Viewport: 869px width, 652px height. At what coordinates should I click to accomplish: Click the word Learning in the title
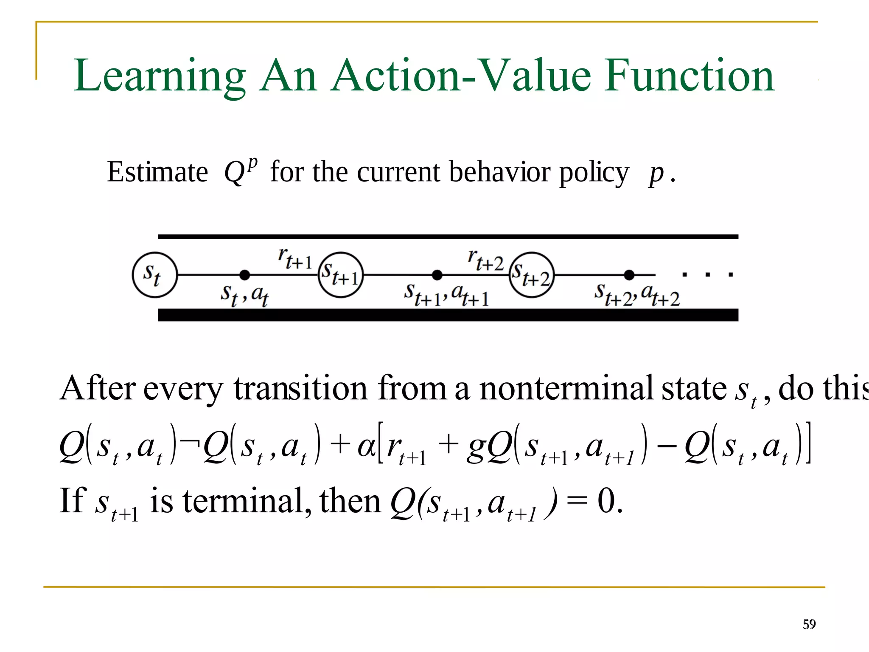(160, 76)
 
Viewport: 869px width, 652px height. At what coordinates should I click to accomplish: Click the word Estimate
(157, 172)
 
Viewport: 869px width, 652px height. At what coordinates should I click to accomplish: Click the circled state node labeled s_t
(154, 275)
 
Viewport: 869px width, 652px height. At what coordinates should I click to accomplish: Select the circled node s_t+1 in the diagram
(341, 275)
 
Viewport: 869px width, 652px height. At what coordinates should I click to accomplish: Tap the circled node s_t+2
(532, 275)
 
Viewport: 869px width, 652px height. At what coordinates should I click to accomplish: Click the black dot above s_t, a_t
(244, 275)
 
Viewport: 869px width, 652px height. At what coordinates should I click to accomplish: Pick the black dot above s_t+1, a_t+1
(437, 275)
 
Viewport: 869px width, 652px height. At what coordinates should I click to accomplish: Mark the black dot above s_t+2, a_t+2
(629, 275)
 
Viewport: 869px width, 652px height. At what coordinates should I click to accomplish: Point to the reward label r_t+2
(485, 260)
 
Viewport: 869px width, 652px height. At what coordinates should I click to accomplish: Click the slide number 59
(809, 624)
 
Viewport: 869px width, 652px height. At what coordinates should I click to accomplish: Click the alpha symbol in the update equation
(365, 447)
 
